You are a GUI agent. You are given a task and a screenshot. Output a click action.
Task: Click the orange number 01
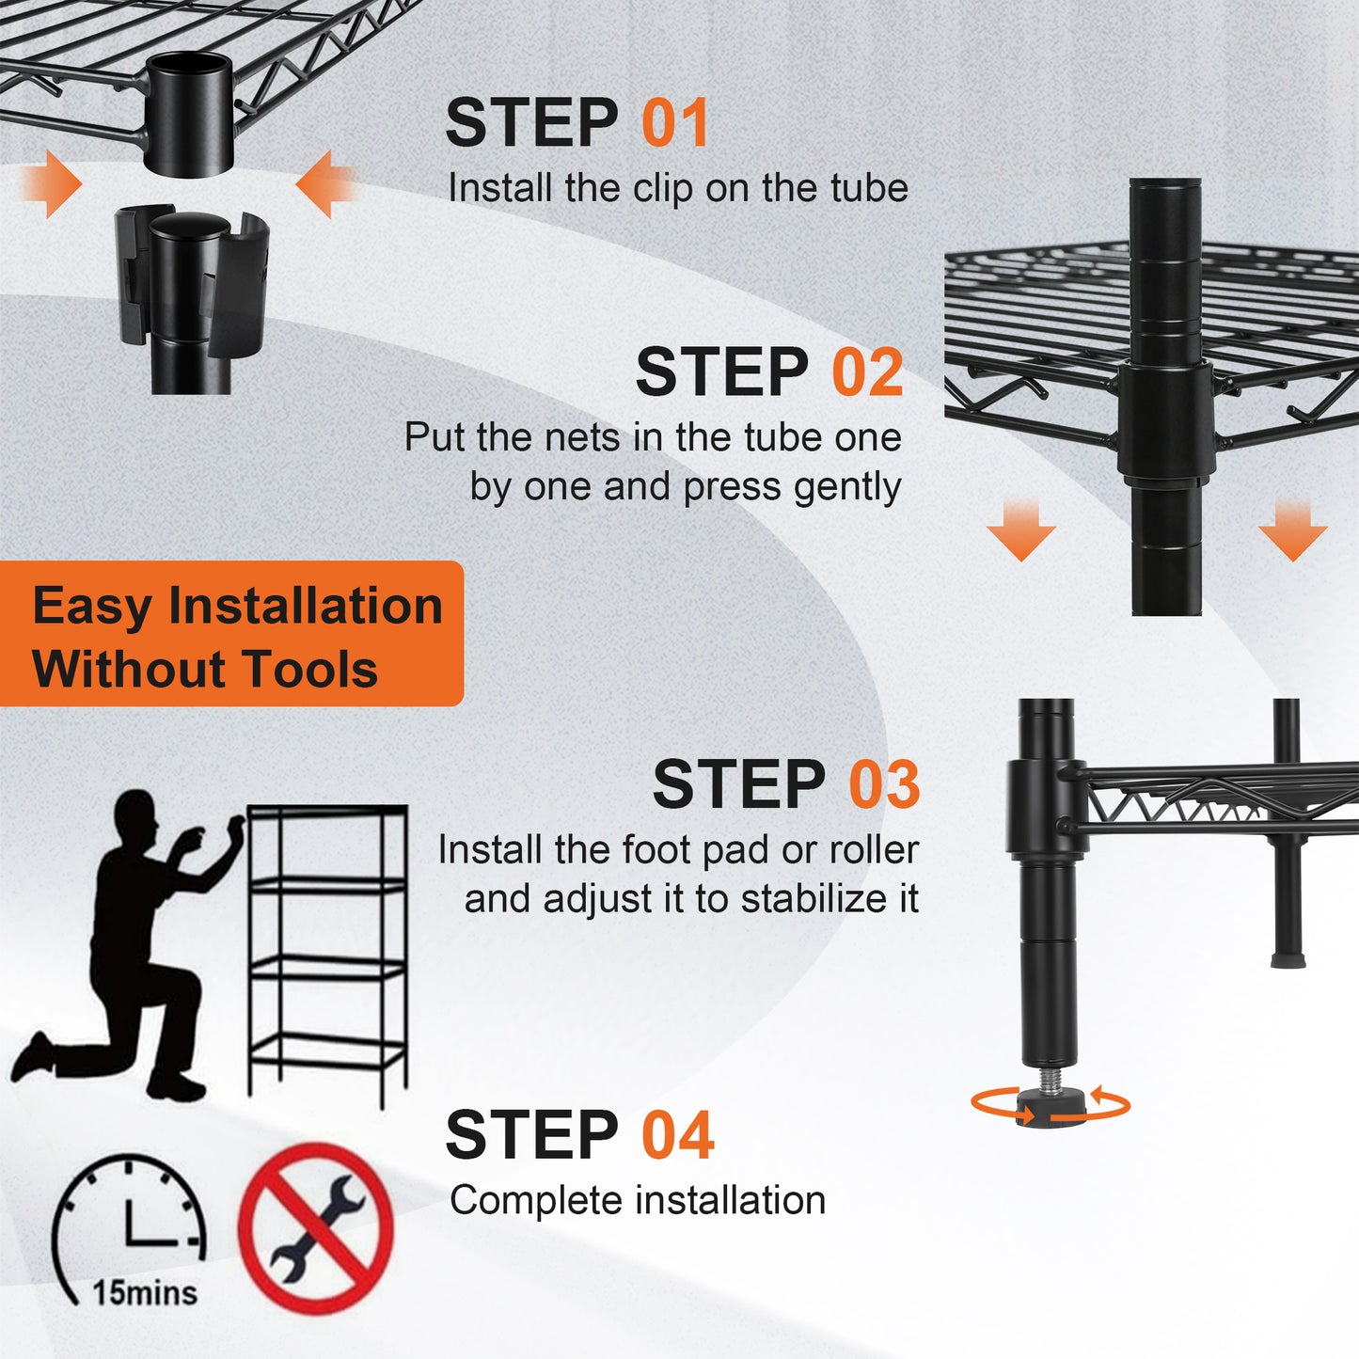pyautogui.click(x=674, y=123)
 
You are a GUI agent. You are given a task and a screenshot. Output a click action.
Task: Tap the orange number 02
pyautogui.click(x=867, y=372)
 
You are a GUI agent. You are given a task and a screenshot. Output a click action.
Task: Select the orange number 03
pyautogui.click(x=884, y=784)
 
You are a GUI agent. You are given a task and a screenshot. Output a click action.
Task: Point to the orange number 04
pyautogui.click(x=677, y=1135)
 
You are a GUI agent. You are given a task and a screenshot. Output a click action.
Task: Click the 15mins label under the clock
pyautogui.click(x=145, y=1293)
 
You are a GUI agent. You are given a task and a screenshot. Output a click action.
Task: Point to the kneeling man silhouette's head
pyautogui.click(x=134, y=816)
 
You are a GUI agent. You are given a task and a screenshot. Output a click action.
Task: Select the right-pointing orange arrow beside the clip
pyautogui.click(x=51, y=184)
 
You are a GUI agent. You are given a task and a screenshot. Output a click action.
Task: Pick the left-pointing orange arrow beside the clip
pyautogui.click(x=325, y=184)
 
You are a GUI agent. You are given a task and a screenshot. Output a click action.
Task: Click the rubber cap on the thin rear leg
pyautogui.click(x=1286, y=960)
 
